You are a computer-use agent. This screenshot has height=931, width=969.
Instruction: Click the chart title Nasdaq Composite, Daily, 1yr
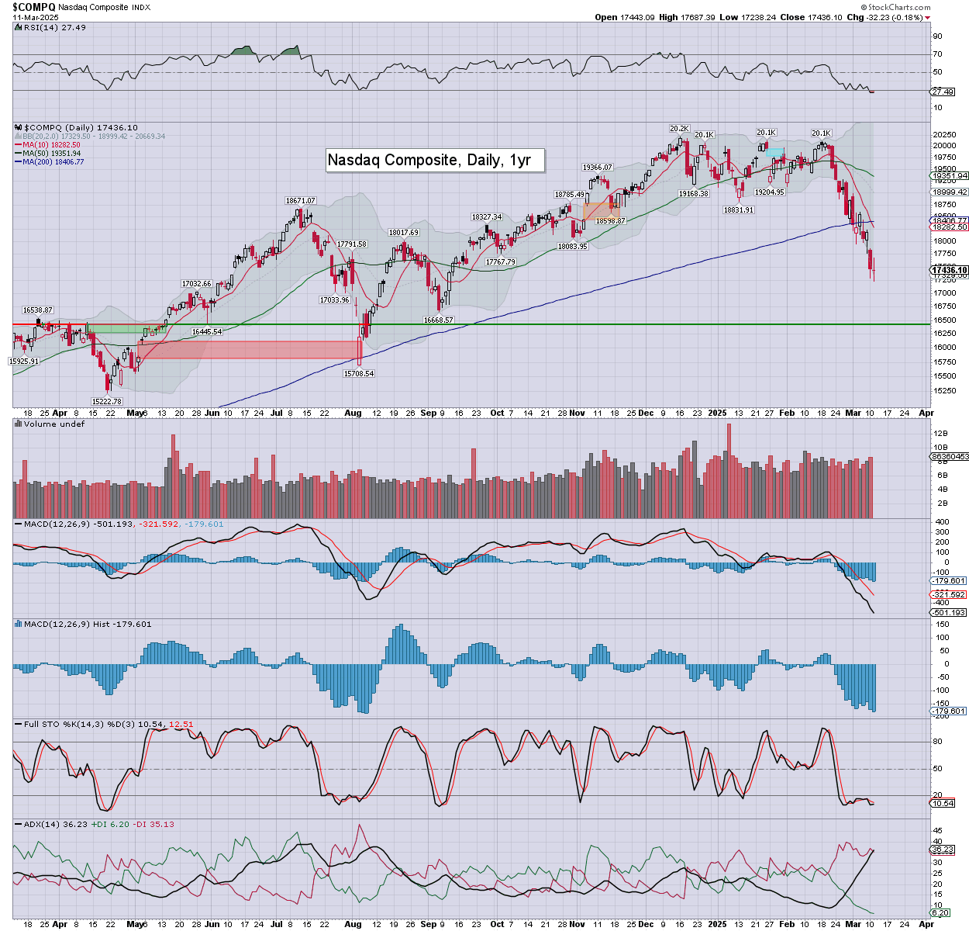429,160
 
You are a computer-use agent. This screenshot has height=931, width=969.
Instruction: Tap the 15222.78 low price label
106,401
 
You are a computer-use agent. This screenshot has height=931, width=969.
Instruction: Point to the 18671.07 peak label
300,201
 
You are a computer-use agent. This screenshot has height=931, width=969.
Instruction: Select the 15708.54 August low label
359,373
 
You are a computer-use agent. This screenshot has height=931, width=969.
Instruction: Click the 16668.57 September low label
438,320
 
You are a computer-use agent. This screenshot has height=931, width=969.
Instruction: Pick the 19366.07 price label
598,168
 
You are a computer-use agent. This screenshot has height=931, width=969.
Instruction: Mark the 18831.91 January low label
738,209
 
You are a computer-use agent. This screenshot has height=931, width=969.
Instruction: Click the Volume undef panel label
53,424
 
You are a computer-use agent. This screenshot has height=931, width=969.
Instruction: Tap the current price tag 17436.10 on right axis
949,270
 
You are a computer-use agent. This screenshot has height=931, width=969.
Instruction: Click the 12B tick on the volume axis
940,434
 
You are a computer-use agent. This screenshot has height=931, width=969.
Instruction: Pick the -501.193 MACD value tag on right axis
949,612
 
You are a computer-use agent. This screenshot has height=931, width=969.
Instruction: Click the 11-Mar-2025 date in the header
36,17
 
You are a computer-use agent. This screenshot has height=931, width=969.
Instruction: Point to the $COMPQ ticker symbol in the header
33,6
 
